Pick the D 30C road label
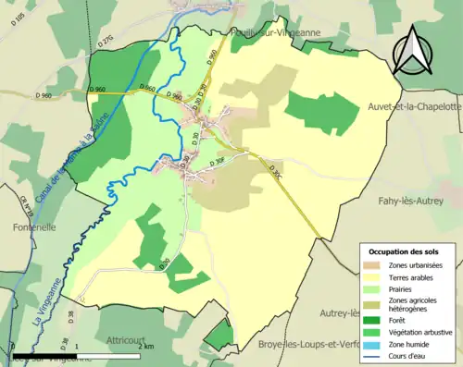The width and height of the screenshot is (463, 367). point(274,170)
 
